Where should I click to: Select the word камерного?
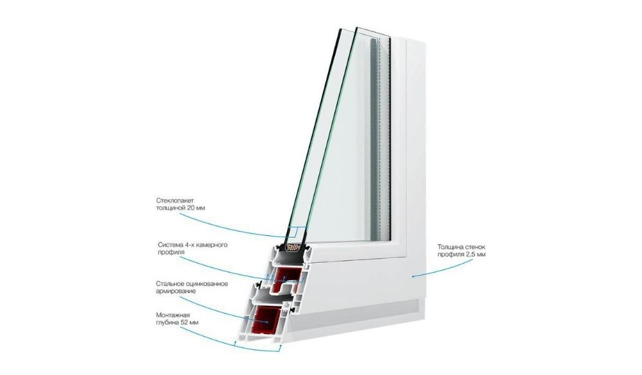212,245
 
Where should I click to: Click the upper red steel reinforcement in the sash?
288,278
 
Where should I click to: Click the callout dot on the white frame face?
413,276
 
